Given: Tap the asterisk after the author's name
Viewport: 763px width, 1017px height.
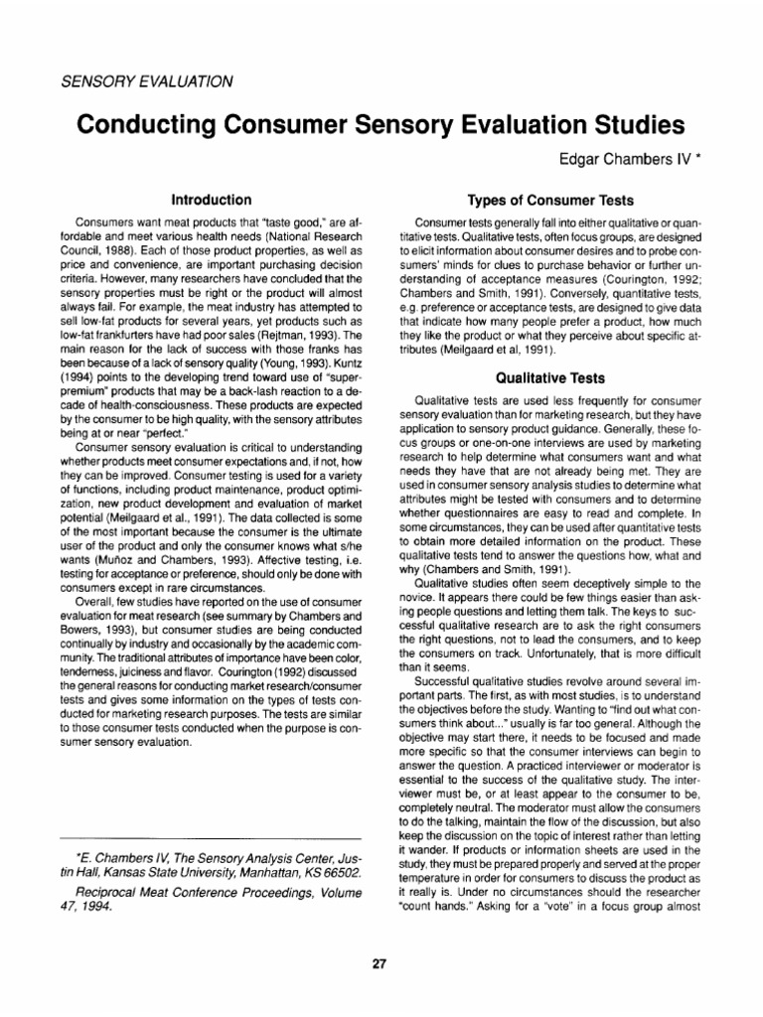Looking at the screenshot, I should [700, 155].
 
